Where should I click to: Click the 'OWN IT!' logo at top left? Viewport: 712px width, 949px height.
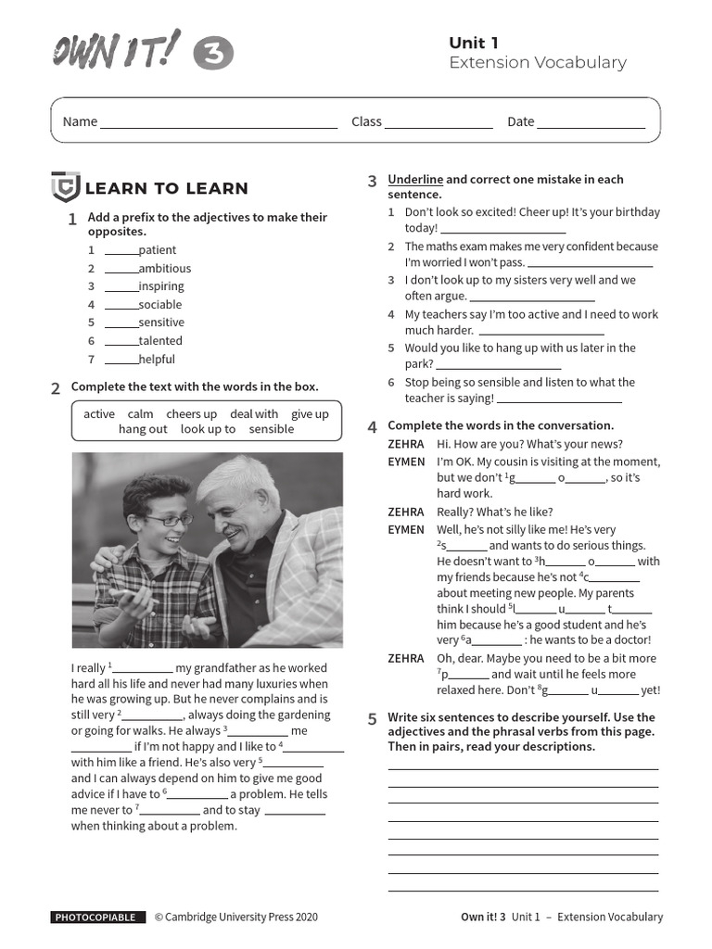pyautogui.click(x=116, y=52)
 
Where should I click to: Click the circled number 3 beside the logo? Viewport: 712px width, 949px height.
pyautogui.click(x=213, y=55)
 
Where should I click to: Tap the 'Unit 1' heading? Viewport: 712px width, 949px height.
pyautogui.click(x=474, y=43)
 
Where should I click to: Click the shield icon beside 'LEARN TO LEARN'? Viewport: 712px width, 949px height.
pyautogui.click(x=65, y=188)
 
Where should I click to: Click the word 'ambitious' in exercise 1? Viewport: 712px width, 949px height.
pyautogui.click(x=165, y=269)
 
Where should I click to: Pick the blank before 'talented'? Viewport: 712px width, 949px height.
pyautogui.click(x=121, y=343)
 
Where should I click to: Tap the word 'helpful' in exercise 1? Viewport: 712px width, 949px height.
pyautogui.click(x=157, y=360)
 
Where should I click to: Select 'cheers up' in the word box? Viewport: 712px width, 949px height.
pyautogui.click(x=192, y=414)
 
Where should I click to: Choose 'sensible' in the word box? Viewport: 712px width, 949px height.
pyautogui.click(x=272, y=429)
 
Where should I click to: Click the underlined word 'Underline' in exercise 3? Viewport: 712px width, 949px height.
pyautogui.click(x=415, y=180)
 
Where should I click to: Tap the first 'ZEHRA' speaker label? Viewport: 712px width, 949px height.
pyautogui.click(x=405, y=445)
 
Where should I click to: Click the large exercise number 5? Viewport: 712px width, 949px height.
pyautogui.click(x=372, y=719)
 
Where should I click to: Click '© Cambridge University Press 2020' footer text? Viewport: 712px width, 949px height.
pyautogui.click(x=235, y=917)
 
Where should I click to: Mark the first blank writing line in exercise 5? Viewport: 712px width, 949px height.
pyautogui.click(x=523, y=768)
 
